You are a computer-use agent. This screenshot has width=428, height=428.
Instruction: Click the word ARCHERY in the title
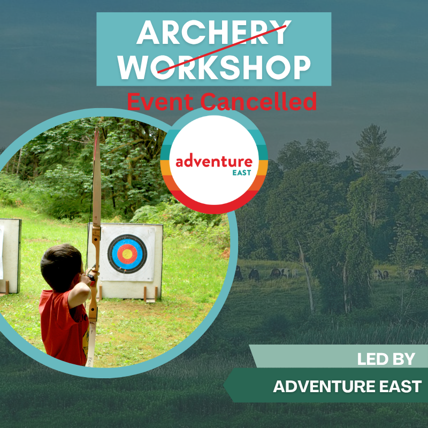[x=213, y=32]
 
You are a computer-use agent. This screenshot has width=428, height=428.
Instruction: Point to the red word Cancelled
[x=258, y=101]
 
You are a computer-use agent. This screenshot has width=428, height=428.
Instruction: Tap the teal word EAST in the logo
[x=242, y=172]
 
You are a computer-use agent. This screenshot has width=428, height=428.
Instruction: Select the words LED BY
[x=386, y=359]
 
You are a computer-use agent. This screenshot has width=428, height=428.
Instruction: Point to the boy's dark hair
[x=60, y=265]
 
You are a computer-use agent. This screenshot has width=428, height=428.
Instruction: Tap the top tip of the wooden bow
[x=97, y=128]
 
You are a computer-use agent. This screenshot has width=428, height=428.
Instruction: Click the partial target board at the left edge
[x=10, y=256]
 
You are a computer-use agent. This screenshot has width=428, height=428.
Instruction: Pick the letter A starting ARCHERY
[x=148, y=32]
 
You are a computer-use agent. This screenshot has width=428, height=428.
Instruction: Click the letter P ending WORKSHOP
[x=301, y=67]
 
